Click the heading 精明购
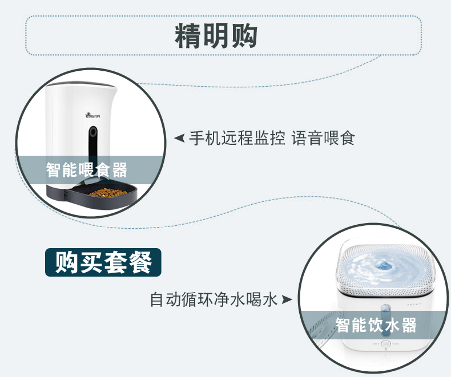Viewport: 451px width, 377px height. coord(216,35)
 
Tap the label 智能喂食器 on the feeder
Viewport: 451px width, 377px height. coord(87,169)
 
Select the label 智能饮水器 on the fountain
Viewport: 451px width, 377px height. coord(376,325)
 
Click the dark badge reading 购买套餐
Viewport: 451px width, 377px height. coord(103,262)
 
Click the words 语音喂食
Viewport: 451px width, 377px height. coord(323,138)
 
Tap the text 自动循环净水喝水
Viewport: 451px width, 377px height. coord(214,298)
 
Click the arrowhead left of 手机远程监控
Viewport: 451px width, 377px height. coord(179,138)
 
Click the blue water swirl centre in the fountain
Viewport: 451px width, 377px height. coord(384,266)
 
